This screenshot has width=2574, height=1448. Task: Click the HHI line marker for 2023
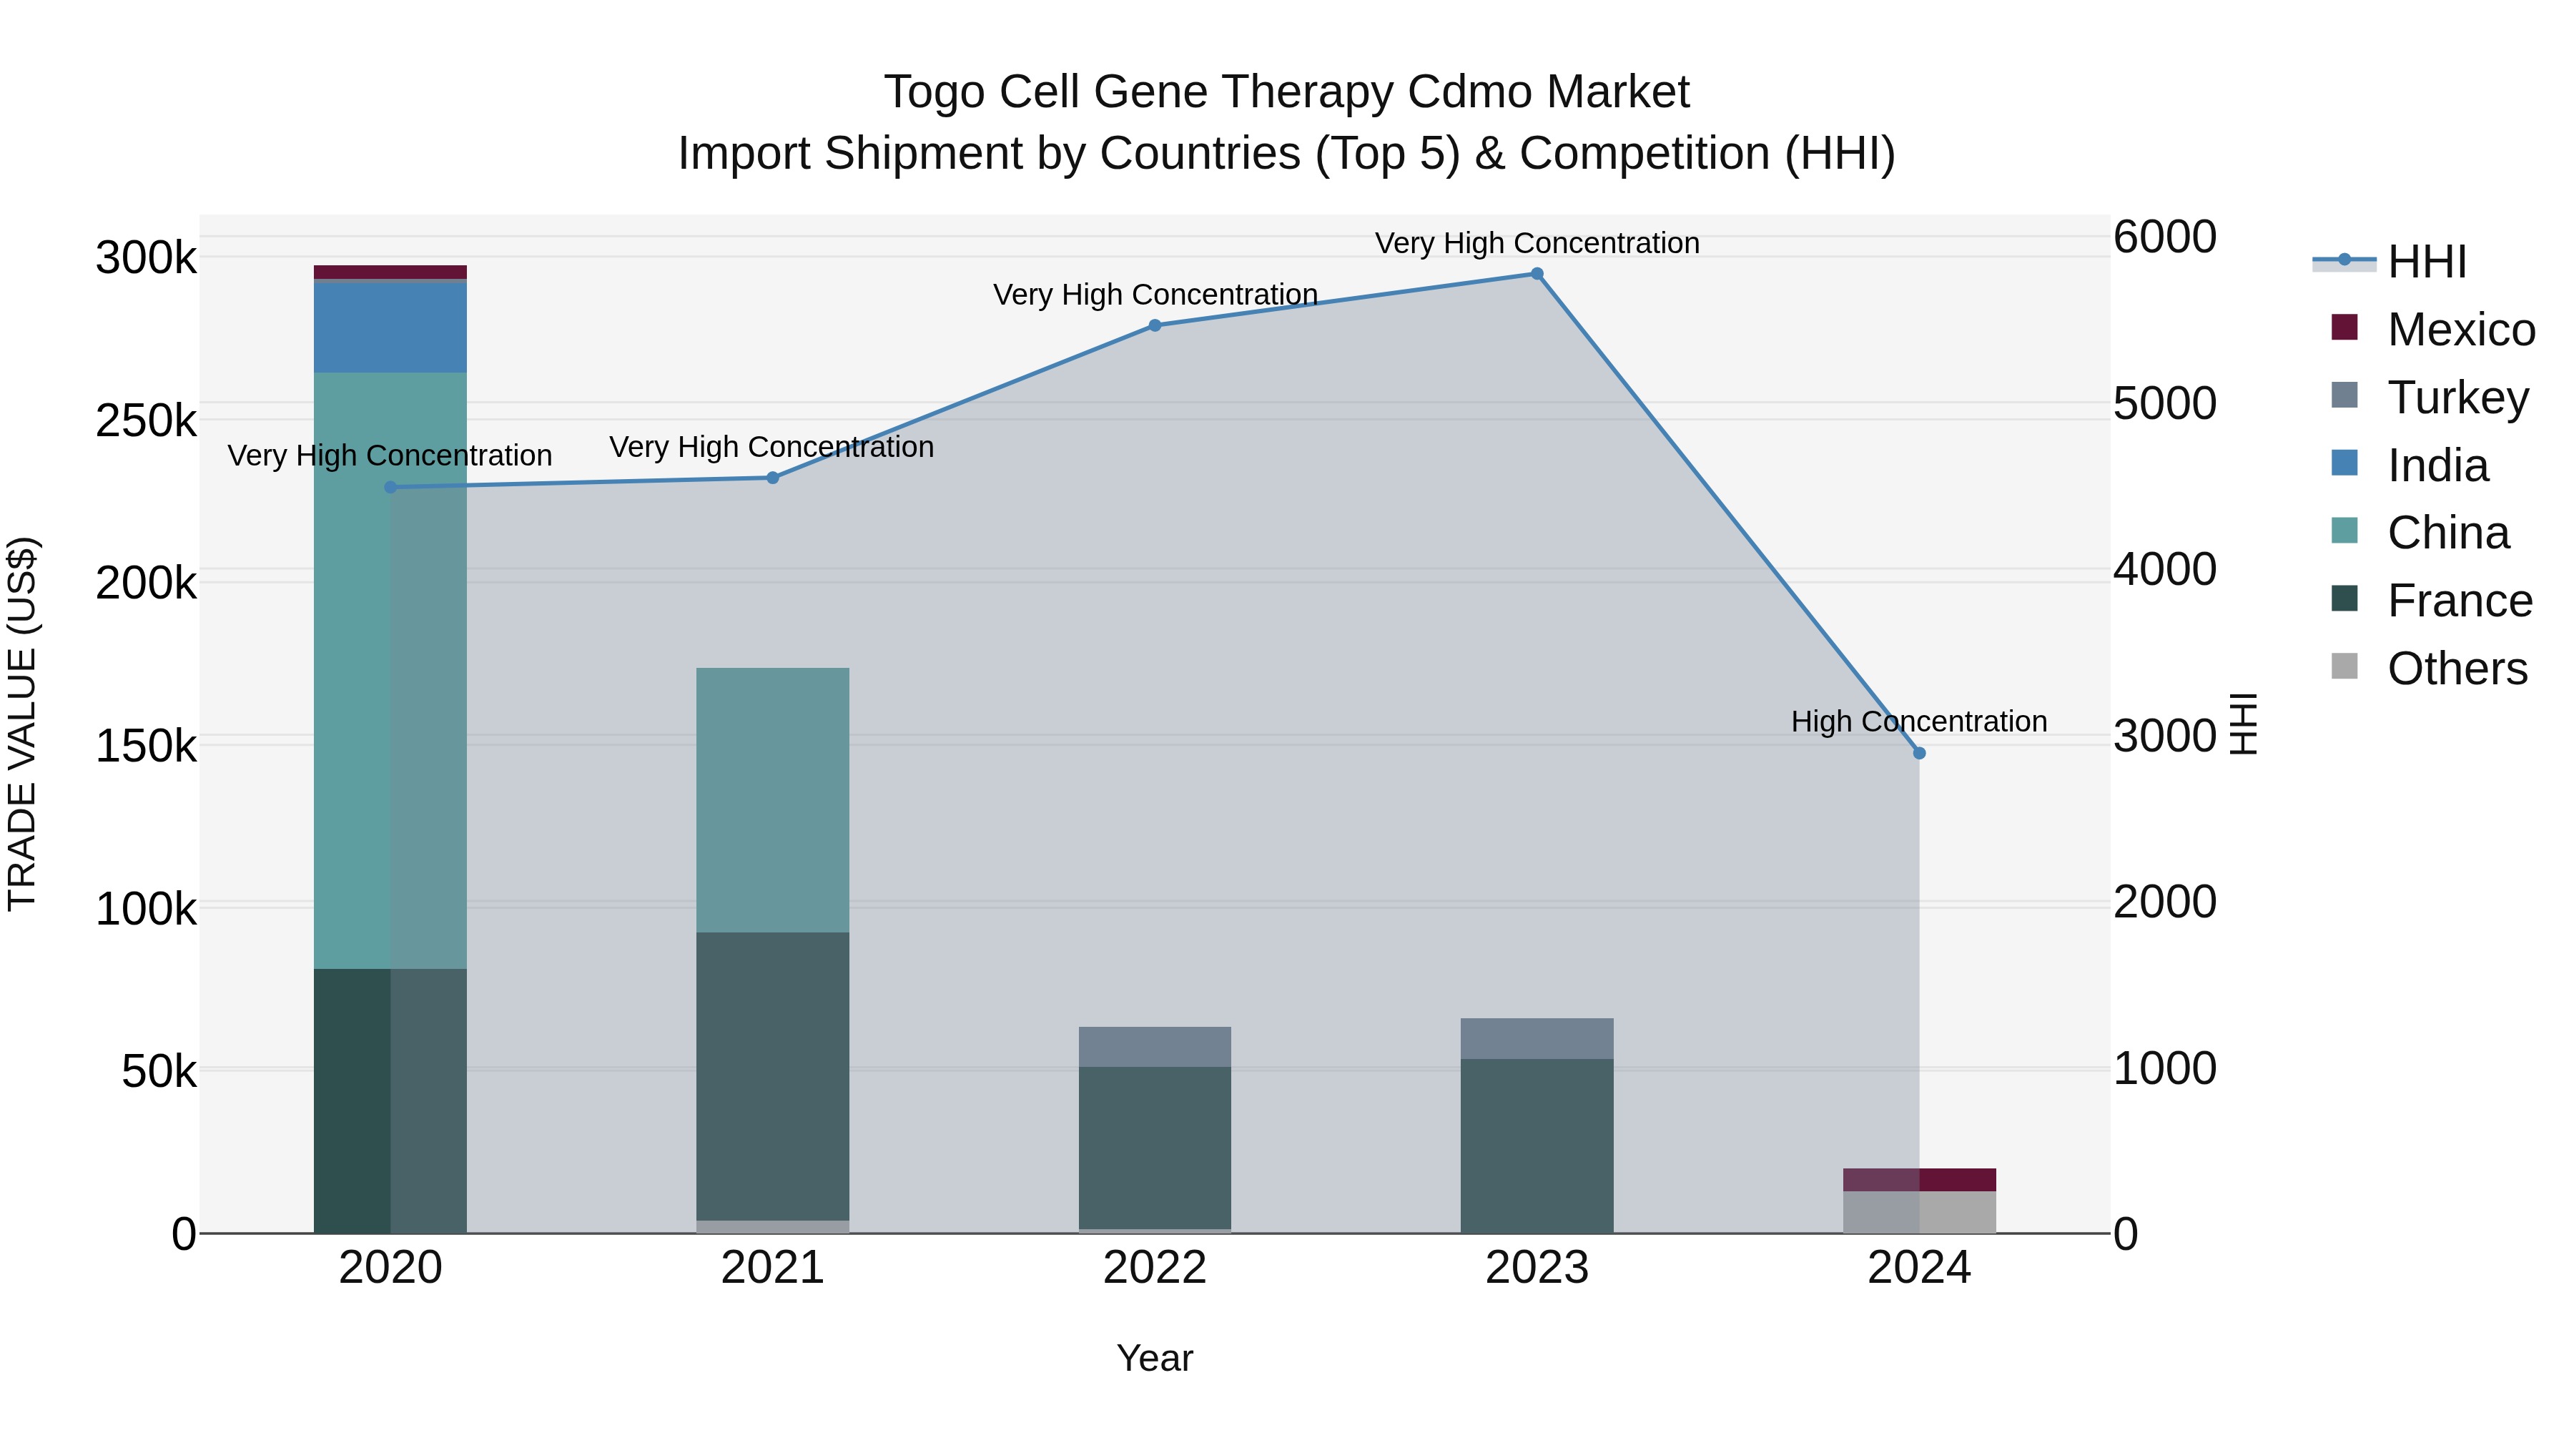point(1537,274)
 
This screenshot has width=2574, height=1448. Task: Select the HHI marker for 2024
point(1918,752)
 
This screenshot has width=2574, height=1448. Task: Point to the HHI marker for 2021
point(772,478)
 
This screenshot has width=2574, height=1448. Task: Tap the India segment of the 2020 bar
point(390,327)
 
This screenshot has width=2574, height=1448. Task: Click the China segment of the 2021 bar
point(772,799)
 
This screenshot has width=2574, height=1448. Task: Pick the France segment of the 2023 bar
point(1537,1146)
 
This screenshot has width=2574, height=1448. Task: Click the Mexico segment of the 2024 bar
point(1918,1179)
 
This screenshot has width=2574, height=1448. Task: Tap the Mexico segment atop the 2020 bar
point(390,272)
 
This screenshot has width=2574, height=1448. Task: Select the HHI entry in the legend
point(2426,262)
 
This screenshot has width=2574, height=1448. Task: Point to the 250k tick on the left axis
point(146,420)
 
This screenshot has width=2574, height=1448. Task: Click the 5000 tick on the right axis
point(2164,404)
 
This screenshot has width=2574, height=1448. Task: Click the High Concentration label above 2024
point(1918,721)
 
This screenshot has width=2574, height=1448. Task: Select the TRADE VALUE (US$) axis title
point(22,724)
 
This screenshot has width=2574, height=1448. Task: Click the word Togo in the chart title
point(935,92)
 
